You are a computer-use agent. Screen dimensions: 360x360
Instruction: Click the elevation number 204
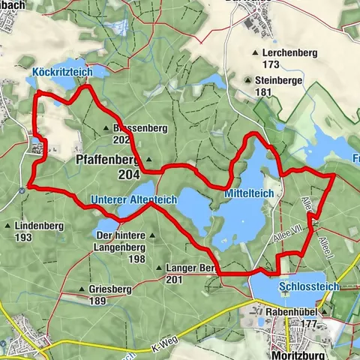coord(128,175)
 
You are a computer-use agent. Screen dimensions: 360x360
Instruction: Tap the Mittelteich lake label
coord(250,193)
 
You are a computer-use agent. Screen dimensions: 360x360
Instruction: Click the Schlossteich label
coord(308,286)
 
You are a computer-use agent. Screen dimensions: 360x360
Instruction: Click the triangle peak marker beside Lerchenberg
coord(256,53)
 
